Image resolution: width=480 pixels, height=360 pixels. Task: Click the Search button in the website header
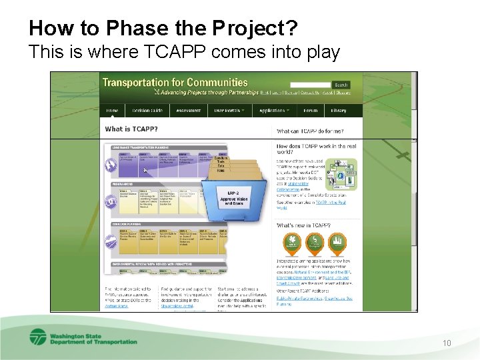coord(341,85)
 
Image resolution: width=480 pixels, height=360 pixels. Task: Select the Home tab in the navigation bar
coord(113,111)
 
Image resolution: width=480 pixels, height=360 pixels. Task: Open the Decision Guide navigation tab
coord(147,111)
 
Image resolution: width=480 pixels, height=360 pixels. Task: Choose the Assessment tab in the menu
coord(188,111)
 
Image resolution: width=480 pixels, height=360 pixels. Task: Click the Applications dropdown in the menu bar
coord(274,111)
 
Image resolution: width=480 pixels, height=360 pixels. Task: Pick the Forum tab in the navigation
coord(310,111)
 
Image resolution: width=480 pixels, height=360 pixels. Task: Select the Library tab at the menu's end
coord(338,111)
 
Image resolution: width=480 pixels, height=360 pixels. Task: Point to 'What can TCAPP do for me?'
coord(312,131)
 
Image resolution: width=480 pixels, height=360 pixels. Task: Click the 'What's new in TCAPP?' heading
coord(303,225)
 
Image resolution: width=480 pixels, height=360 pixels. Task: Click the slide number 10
coord(447,343)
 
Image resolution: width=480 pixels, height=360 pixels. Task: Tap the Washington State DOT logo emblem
coord(37,338)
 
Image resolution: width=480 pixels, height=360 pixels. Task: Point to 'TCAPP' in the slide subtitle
coord(149,51)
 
